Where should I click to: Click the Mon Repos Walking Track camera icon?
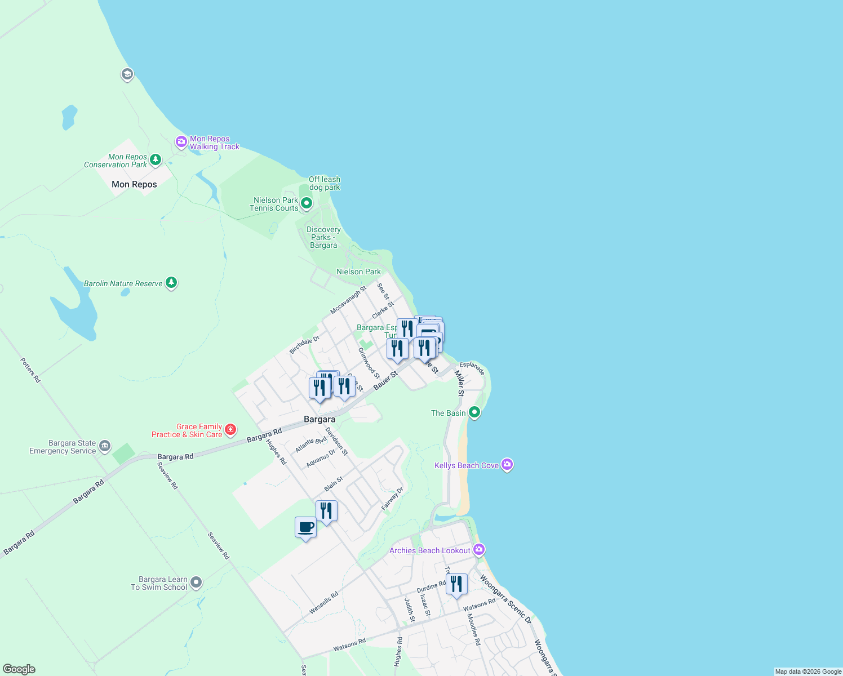click(x=181, y=142)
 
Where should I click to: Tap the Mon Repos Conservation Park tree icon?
click(x=156, y=160)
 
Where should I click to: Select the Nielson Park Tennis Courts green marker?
click(x=307, y=203)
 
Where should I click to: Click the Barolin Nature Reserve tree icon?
click(x=171, y=283)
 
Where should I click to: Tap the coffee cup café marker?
click(x=305, y=528)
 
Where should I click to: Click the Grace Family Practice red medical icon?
click(x=230, y=430)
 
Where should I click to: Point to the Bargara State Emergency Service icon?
click(x=105, y=447)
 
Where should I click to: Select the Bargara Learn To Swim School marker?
click(x=196, y=582)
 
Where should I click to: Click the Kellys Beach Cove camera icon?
click(x=507, y=465)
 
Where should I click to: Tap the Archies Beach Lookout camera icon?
click(x=479, y=550)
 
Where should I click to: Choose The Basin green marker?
click(x=474, y=412)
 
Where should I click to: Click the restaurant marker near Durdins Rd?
click(x=456, y=584)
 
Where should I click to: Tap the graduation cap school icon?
click(x=127, y=74)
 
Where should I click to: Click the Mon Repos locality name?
click(x=134, y=184)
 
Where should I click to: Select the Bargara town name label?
click(x=320, y=419)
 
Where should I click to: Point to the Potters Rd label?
click(x=30, y=370)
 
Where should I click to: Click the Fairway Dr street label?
click(x=393, y=499)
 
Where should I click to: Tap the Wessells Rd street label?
click(x=323, y=603)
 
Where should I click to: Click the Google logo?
click(x=19, y=669)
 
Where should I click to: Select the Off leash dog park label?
click(x=325, y=183)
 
